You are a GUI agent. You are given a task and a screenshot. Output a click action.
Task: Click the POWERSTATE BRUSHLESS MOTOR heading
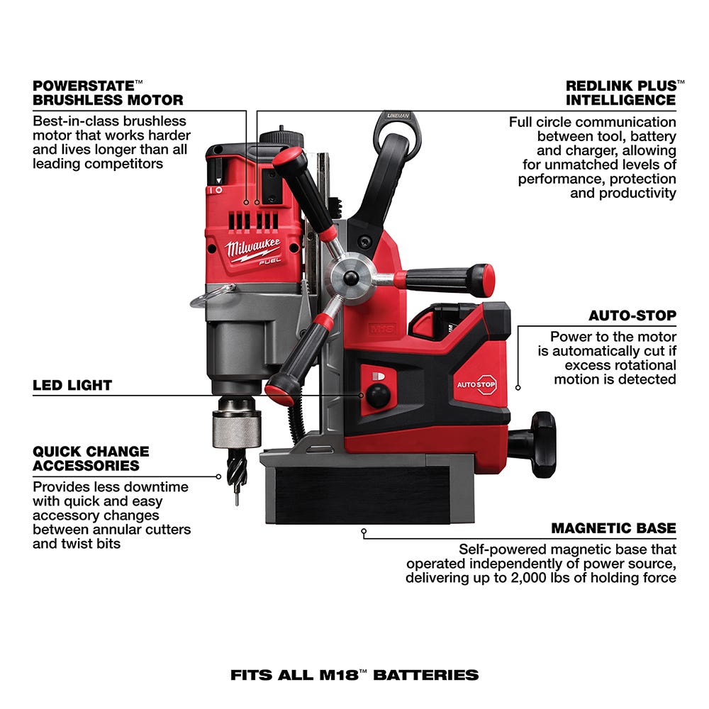click(x=108, y=92)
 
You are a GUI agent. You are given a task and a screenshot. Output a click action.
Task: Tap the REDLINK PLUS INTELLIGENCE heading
click(x=620, y=92)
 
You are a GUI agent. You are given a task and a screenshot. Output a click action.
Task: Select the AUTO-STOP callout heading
click(x=632, y=315)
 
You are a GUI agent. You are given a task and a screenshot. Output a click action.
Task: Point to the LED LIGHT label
click(x=72, y=386)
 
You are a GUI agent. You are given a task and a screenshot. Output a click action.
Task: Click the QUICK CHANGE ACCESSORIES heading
click(x=91, y=458)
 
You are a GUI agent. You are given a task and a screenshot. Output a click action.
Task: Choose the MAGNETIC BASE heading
click(x=613, y=528)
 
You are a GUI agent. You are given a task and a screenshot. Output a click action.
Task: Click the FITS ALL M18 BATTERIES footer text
click(x=354, y=674)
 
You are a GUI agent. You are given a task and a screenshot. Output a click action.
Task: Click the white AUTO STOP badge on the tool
click(x=476, y=384)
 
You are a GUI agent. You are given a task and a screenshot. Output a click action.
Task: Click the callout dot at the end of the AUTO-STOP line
click(x=518, y=387)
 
